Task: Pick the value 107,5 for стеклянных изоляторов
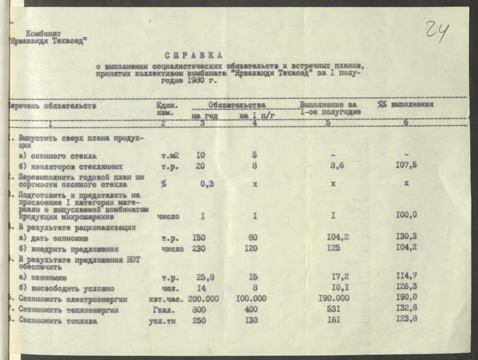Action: point(407,166)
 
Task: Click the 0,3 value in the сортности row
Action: point(207,184)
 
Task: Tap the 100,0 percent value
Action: point(407,215)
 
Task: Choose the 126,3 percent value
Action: point(407,288)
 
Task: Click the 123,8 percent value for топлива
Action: point(407,320)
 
